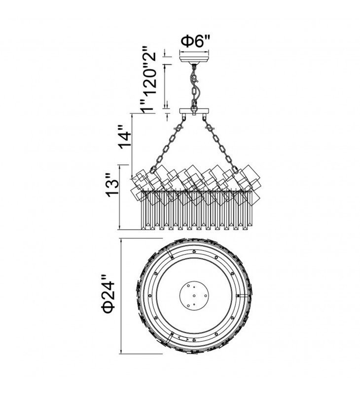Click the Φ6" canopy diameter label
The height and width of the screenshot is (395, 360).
coord(196,41)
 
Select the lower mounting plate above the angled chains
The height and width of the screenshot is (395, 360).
coord(194,111)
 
